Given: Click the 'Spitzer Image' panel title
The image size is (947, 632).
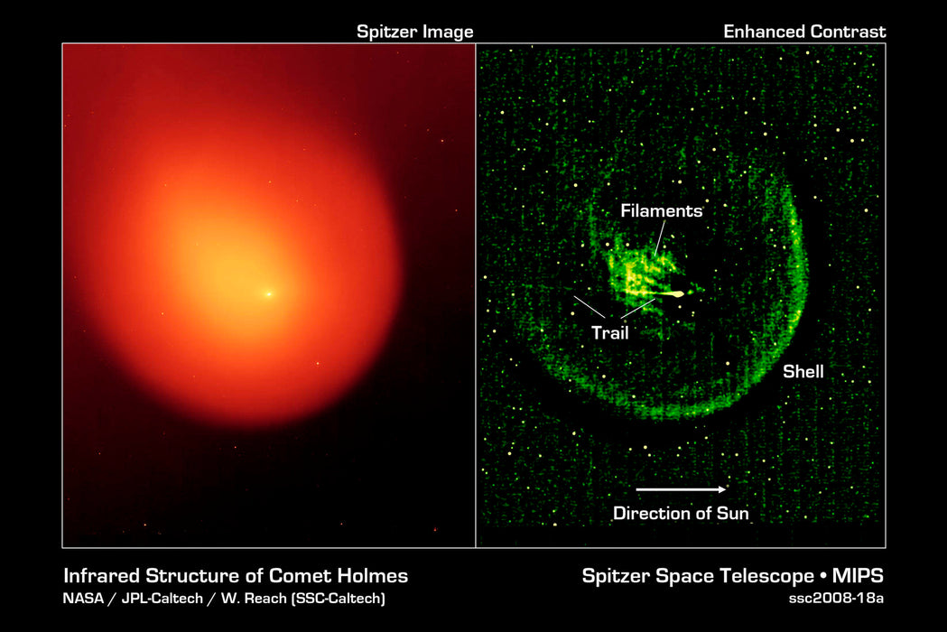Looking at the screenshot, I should pos(414,33).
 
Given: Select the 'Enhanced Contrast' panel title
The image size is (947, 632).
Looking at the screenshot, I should pos(804,33).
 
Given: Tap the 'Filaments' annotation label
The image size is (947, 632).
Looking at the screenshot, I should pos(661,211).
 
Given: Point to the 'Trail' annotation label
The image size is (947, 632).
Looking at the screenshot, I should pos(609,332).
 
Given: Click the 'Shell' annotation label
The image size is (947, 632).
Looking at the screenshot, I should pos(803,371).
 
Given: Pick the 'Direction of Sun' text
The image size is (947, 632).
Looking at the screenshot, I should pos(681,514).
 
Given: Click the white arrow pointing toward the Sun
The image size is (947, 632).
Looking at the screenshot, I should pos(681,489).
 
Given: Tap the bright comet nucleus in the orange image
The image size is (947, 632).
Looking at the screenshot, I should pos(268,293).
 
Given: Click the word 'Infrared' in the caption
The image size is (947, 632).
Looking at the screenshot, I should pos(98,575).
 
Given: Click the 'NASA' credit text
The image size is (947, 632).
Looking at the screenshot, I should pos(82,597).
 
